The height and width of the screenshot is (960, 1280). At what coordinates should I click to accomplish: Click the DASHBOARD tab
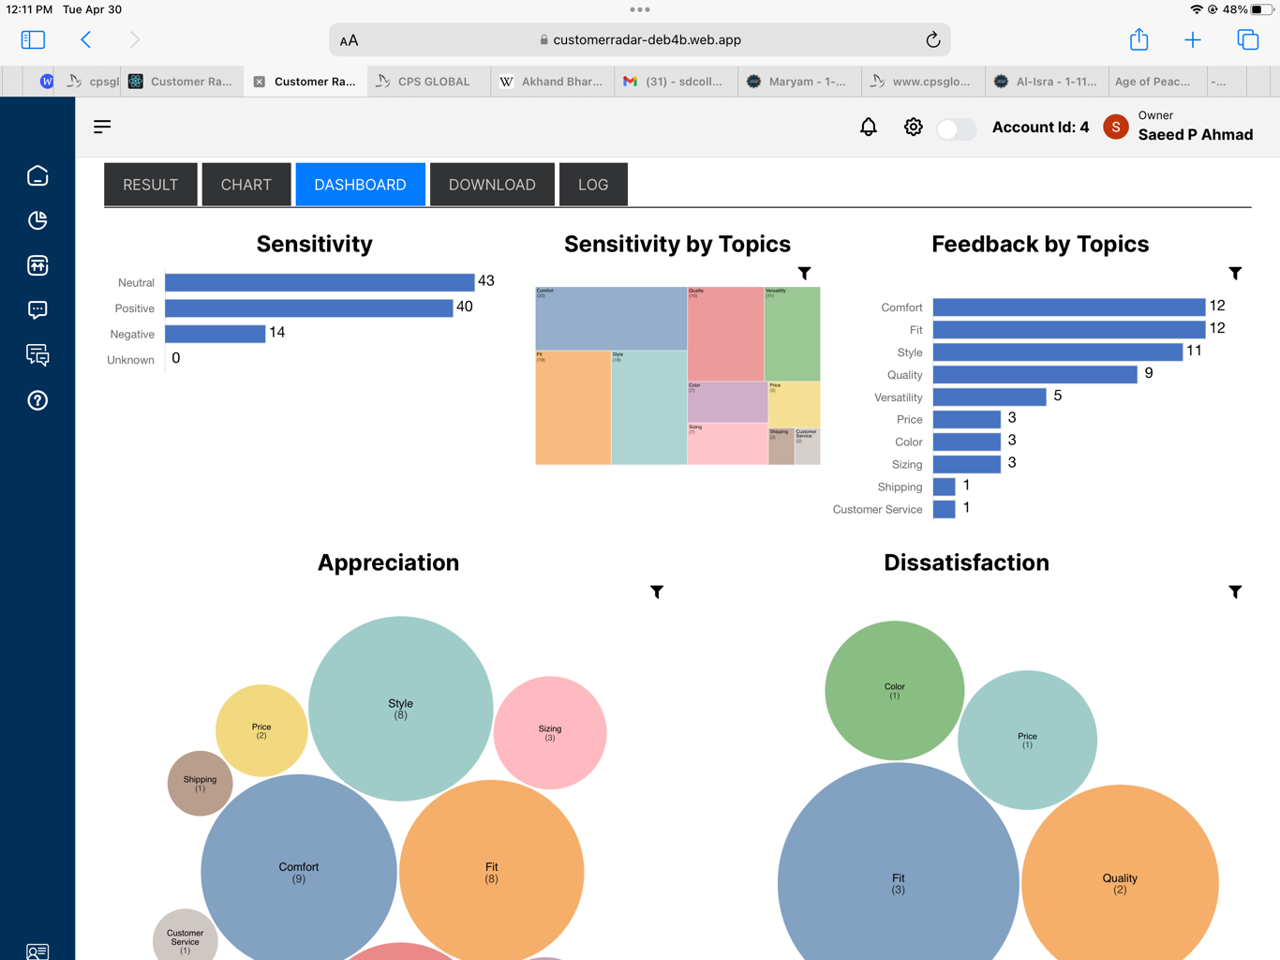click(360, 185)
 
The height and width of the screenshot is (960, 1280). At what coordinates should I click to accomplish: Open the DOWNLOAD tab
click(492, 185)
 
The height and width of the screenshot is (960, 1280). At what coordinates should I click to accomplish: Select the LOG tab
click(593, 185)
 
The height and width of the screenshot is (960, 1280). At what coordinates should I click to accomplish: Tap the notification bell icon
click(869, 127)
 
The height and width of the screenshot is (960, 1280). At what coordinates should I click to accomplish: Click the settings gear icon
click(914, 127)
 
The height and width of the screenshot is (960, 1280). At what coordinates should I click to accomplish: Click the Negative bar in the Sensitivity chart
click(216, 334)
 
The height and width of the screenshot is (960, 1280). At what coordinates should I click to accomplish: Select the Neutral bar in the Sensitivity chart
click(320, 282)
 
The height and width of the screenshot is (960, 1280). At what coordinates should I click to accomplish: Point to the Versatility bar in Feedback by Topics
click(990, 397)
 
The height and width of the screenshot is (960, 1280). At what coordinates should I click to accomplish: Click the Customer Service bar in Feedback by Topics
click(944, 509)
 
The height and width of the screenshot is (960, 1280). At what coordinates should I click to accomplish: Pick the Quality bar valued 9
click(1034, 375)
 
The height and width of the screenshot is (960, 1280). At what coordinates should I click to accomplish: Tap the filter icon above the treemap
click(804, 273)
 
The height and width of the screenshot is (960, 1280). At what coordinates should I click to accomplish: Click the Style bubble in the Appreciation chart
click(400, 709)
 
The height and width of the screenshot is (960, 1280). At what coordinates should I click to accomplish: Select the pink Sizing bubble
click(550, 732)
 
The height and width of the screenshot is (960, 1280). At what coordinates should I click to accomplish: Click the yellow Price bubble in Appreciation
click(261, 730)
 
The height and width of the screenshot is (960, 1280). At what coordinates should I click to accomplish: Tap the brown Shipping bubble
click(200, 783)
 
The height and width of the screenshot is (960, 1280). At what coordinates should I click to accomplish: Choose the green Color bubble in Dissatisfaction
click(894, 690)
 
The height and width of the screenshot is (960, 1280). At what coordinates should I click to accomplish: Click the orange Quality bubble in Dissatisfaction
click(1120, 882)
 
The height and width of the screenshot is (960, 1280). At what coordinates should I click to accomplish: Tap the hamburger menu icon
click(102, 127)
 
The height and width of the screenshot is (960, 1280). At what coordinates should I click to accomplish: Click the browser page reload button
click(932, 40)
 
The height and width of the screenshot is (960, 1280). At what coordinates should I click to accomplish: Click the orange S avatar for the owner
click(1115, 127)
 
